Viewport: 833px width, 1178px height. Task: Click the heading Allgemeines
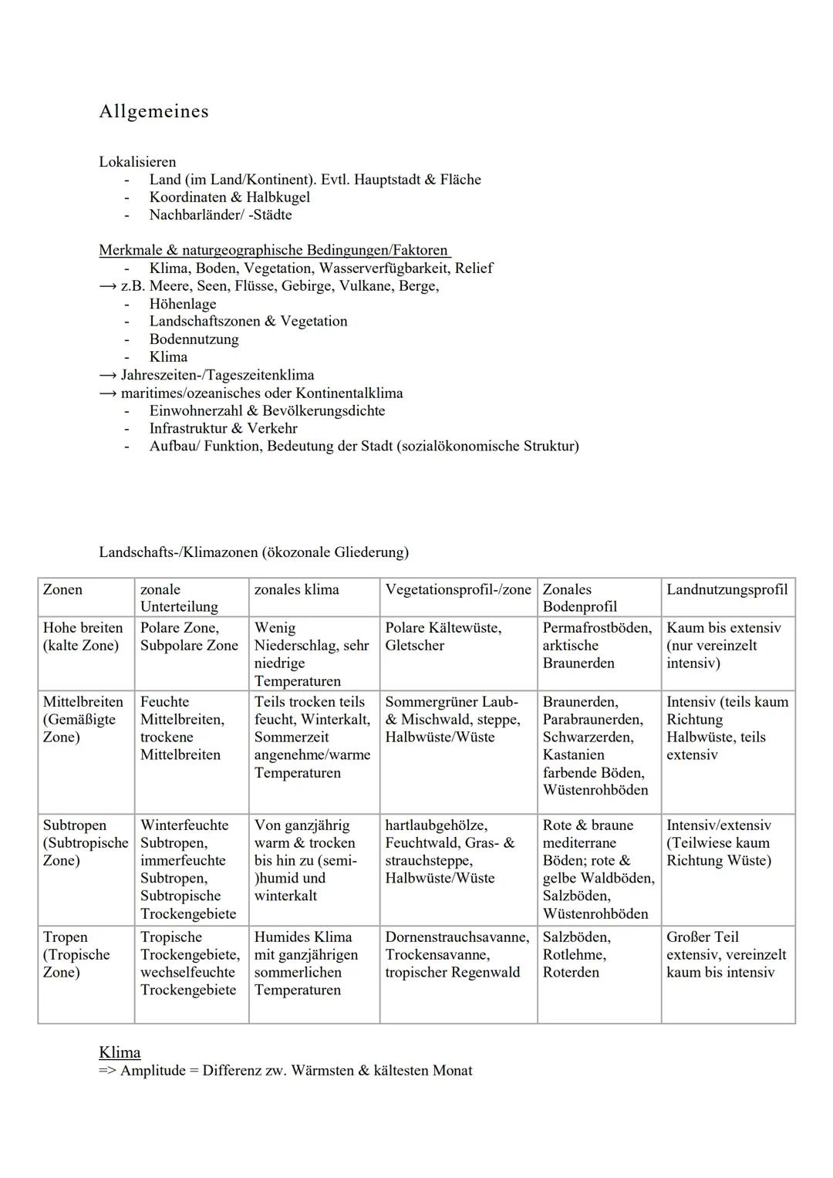point(153,112)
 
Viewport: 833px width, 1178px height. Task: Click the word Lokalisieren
point(137,162)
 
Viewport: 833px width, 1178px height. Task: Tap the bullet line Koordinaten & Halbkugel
point(229,197)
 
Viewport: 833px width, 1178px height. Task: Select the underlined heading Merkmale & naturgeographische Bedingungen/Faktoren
point(274,251)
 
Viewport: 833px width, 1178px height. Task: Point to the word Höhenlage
point(183,304)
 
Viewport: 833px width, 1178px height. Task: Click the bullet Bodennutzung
point(194,339)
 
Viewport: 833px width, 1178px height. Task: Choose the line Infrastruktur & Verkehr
point(223,428)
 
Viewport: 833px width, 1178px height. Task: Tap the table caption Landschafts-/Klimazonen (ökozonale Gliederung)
point(254,552)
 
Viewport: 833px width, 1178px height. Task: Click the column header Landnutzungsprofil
point(727,590)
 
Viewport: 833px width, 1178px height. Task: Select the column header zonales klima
point(296,590)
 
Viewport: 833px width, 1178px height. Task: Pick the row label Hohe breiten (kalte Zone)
point(83,637)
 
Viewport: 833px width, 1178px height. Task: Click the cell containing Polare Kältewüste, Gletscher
point(443,637)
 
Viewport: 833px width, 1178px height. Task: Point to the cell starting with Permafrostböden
point(596,646)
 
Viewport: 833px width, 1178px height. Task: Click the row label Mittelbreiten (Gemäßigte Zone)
point(83,720)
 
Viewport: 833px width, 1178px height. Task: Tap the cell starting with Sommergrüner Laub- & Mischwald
point(453,720)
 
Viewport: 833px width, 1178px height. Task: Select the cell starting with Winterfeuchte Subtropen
point(188,869)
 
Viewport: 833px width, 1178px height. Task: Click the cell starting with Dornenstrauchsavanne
point(457,955)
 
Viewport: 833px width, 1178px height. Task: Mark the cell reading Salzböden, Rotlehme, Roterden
point(576,955)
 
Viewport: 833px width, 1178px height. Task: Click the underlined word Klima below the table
point(120,1053)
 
